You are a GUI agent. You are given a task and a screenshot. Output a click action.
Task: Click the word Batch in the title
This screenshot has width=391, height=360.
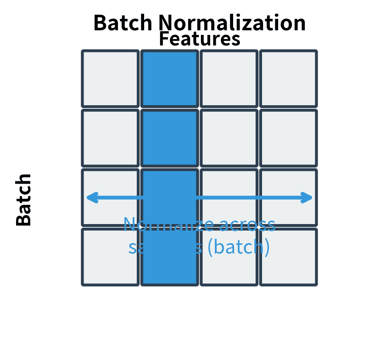coord(123,23)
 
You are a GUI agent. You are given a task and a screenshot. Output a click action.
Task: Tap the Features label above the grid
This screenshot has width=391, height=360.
coord(200,39)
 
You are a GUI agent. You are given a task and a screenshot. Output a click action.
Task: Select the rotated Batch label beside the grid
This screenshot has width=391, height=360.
coord(24,200)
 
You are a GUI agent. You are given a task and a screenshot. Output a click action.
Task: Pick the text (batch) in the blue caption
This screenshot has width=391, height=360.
coord(238,247)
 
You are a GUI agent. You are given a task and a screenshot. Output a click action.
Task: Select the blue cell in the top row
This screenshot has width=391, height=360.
coord(170,79)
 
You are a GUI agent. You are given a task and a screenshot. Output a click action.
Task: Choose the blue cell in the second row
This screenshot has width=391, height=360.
coord(170,138)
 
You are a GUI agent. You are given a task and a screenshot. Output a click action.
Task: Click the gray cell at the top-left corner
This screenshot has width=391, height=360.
coord(110,79)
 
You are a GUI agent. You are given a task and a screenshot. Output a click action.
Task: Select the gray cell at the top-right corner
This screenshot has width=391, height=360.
coord(288,79)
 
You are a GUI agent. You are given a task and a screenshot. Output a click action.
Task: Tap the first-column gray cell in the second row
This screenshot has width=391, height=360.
coord(110,138)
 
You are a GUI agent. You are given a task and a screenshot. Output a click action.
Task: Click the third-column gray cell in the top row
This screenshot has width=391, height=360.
coord(229,79)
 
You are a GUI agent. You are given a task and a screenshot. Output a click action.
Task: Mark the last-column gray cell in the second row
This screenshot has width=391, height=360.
coord(288,138)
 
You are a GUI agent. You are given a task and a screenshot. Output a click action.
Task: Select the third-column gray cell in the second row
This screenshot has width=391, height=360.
coord(229,138)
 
